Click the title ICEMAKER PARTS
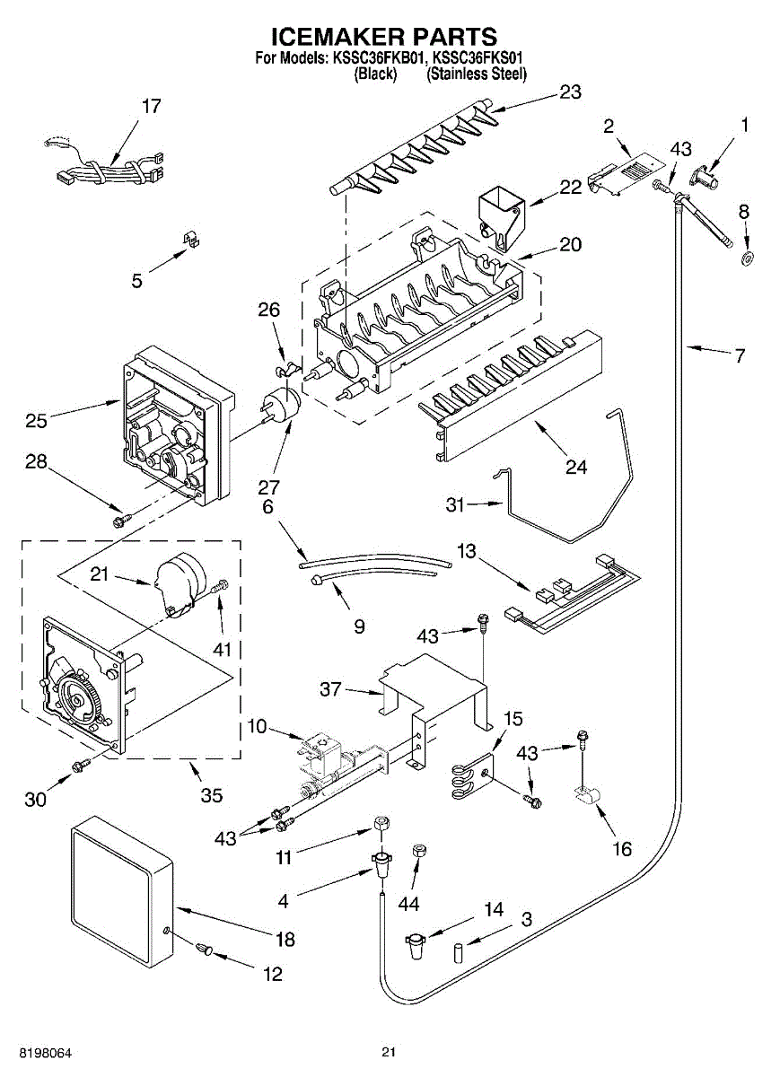[x=384, y=37]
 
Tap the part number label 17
[x=151, y=106]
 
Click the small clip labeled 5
[x=189, y=239]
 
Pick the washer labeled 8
[x=746, y=259]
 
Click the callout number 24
[x=576, y=468]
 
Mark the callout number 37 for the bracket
[x=332, y=688]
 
